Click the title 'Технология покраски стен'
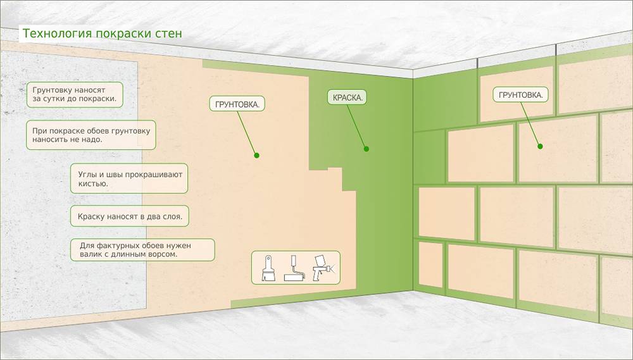click(x=102, y=34)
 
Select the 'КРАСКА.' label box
click(x=348, y=98)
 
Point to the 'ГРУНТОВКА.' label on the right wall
click(x=520, y=96)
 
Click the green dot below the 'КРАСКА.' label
click(x=366, y=149)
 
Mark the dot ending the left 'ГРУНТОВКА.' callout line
click(x=256, y=155)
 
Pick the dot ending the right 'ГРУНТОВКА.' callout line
click(x=541, y=146)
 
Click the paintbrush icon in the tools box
click(x=268, y=269)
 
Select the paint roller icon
click(x=294, y=269)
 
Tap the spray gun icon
click(x=324, y=268)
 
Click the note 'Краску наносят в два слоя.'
click(x=130, y=216)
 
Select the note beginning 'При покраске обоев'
click(x=91, y=135)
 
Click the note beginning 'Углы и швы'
click(x=129, y=178)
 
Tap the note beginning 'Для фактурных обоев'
click(x=142, y=249)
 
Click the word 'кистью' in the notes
click(x=95, y=183)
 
